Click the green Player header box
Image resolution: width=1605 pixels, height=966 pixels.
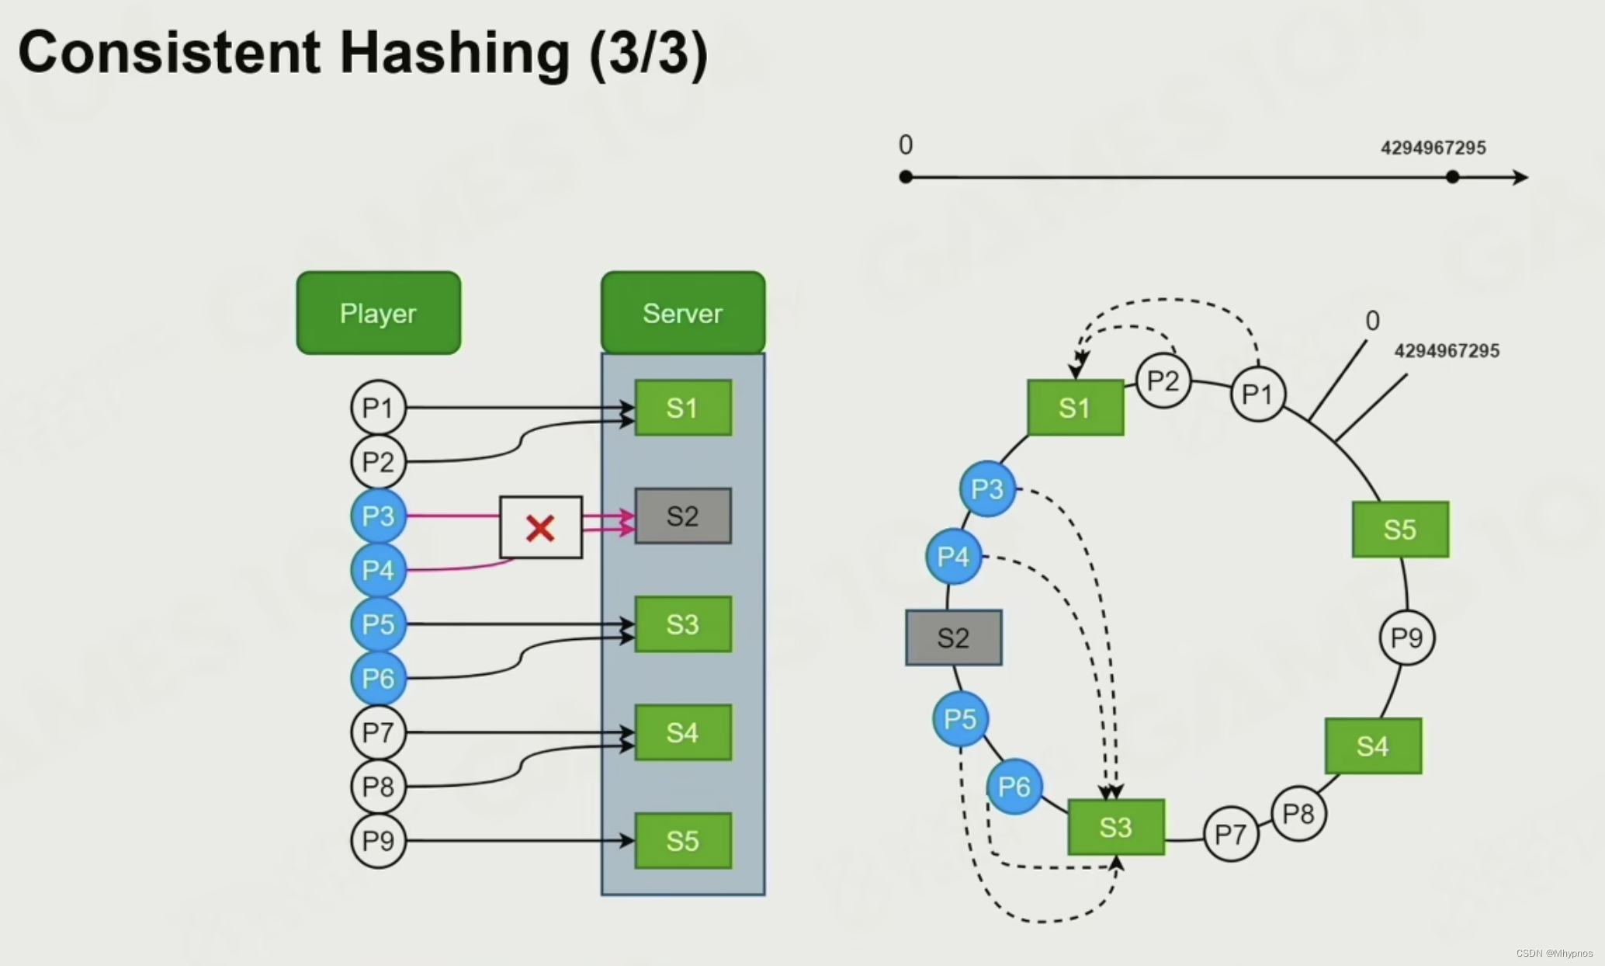[379, 313]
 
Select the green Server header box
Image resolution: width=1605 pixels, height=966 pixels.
[683, 313]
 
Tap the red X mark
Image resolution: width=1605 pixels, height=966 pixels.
[540, 528]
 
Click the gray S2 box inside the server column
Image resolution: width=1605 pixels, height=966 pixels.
[683, 516]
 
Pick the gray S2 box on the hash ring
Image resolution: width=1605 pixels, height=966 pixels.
[954, 638]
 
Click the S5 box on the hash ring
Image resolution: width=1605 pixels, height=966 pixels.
[1400, 530]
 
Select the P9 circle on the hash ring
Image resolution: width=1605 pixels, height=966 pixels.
[1407, 638]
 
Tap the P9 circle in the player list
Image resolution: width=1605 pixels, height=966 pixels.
[379, 840]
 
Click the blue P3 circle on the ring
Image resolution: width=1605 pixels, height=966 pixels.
[987, 489]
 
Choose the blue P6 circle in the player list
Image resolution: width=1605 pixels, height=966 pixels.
[379, 678]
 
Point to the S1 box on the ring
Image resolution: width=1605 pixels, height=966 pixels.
[1075, 408]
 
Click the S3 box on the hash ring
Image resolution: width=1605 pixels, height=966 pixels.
[1116, 827]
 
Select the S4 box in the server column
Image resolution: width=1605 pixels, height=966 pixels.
[683, 732]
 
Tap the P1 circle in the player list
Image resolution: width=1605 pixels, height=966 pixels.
[379, 408]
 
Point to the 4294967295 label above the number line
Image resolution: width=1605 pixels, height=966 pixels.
[1433, 148]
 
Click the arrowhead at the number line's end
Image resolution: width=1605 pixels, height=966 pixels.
[1521, 177]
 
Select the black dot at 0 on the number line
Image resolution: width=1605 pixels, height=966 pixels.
[906, 177]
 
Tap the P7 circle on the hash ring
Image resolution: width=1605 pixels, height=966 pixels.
[1231, 835]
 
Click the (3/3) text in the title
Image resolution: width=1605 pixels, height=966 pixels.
[649, 53]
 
